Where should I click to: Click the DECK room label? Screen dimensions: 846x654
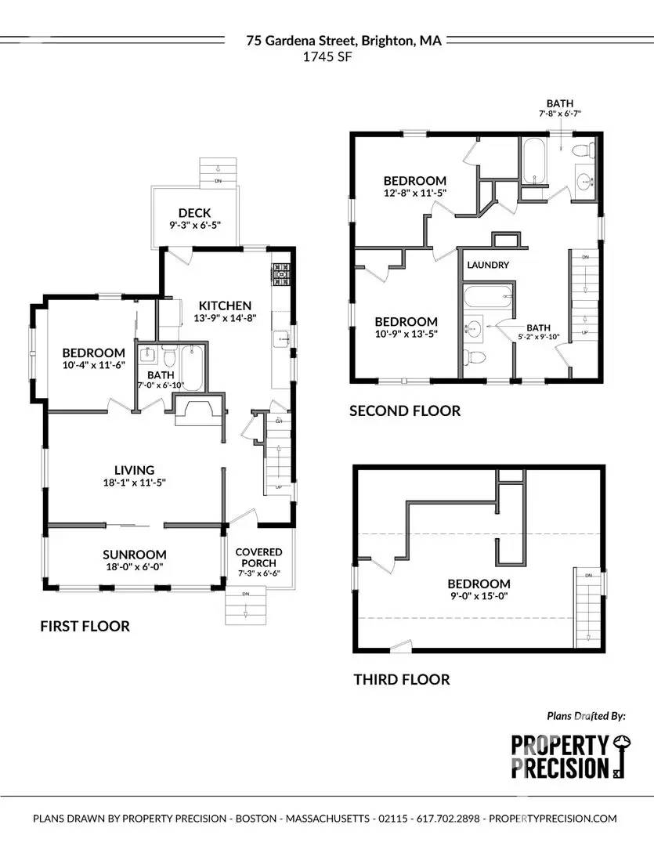(194, 212)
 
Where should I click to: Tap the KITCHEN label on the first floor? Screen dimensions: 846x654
(225, 305)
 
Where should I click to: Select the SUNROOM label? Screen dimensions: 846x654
(134, 554)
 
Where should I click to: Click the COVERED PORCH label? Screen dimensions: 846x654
(258, 557)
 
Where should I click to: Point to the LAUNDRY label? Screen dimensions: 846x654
(488, 265)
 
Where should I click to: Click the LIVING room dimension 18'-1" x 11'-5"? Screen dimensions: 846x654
(134, 483)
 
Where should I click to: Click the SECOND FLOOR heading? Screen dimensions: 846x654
(404, 410)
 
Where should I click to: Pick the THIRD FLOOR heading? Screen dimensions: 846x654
(401, 679)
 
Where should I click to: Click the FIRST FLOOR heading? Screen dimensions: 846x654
(85, 626)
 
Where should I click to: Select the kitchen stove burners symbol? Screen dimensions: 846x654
(281, 276)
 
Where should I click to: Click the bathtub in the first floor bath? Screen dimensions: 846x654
(193, 369)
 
